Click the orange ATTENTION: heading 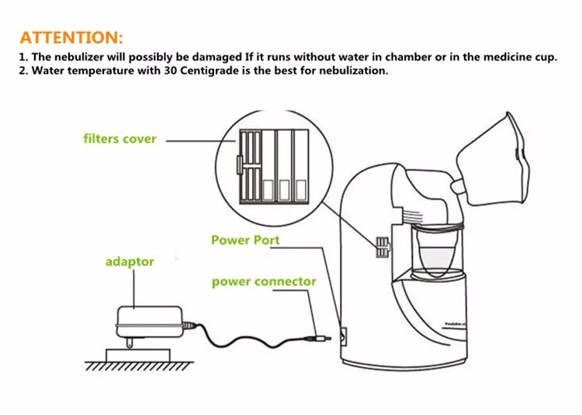point(71,37)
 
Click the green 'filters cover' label point(120,140)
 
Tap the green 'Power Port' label point(245,240)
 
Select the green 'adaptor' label point(130,262)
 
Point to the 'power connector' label point(264,282)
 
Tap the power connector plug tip point(319,337)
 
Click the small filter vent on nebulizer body point(380,247)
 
